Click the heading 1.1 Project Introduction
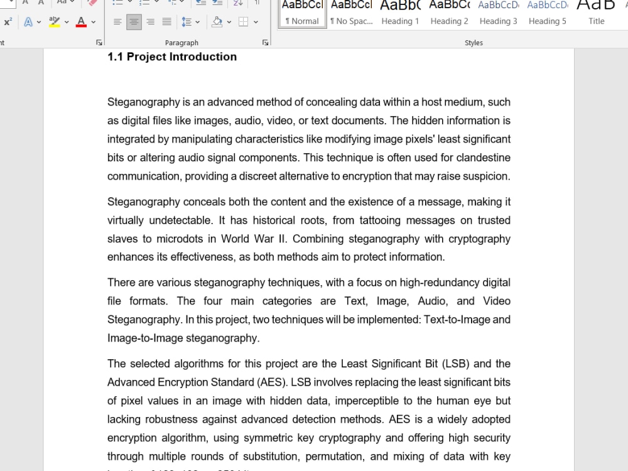172,57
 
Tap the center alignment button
134,22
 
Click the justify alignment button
166,22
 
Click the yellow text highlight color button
55,22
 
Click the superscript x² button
8,22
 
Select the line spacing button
187,22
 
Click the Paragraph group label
181,43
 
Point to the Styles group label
474,43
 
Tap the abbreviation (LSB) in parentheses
456,364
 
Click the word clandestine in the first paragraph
483,158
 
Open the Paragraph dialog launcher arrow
265,43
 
